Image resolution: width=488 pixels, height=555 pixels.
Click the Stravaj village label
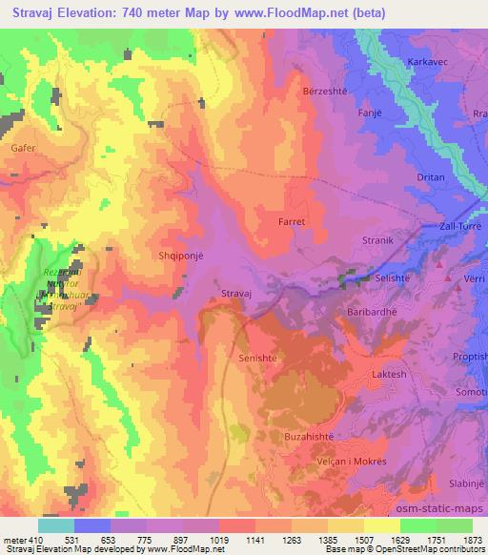pos(235,294)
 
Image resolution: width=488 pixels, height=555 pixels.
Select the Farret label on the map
pos(292,220)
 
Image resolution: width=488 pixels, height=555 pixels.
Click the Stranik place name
pos(378,240)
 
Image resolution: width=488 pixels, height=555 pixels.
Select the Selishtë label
pos(400,275)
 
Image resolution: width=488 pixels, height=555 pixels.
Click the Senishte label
pos(254,358)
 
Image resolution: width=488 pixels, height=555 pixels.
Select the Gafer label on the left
pos(24,149)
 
